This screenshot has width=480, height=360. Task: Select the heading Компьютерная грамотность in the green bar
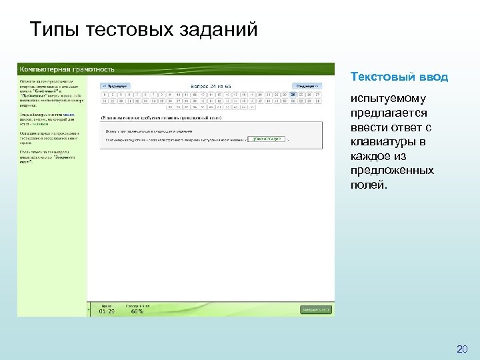(x=67, y=69)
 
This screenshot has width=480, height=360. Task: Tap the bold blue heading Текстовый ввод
(x=399, y=77)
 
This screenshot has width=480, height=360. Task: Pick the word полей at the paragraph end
(x=367, y=185)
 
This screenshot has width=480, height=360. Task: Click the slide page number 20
(x=462, y=349)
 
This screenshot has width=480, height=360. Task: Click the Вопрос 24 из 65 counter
(x=211, y=86)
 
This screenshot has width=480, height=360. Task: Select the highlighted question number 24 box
(x=294, y=94)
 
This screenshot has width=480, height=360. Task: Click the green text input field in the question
(x=266, y=140)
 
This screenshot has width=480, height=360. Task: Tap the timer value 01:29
(x=107, y=311)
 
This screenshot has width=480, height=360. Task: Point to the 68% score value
(x=137, y=311)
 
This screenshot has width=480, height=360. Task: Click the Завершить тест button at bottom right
(x=316, y=310)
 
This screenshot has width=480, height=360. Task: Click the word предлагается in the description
(x=389, y=114)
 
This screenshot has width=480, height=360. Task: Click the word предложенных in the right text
(x=392, y=171)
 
